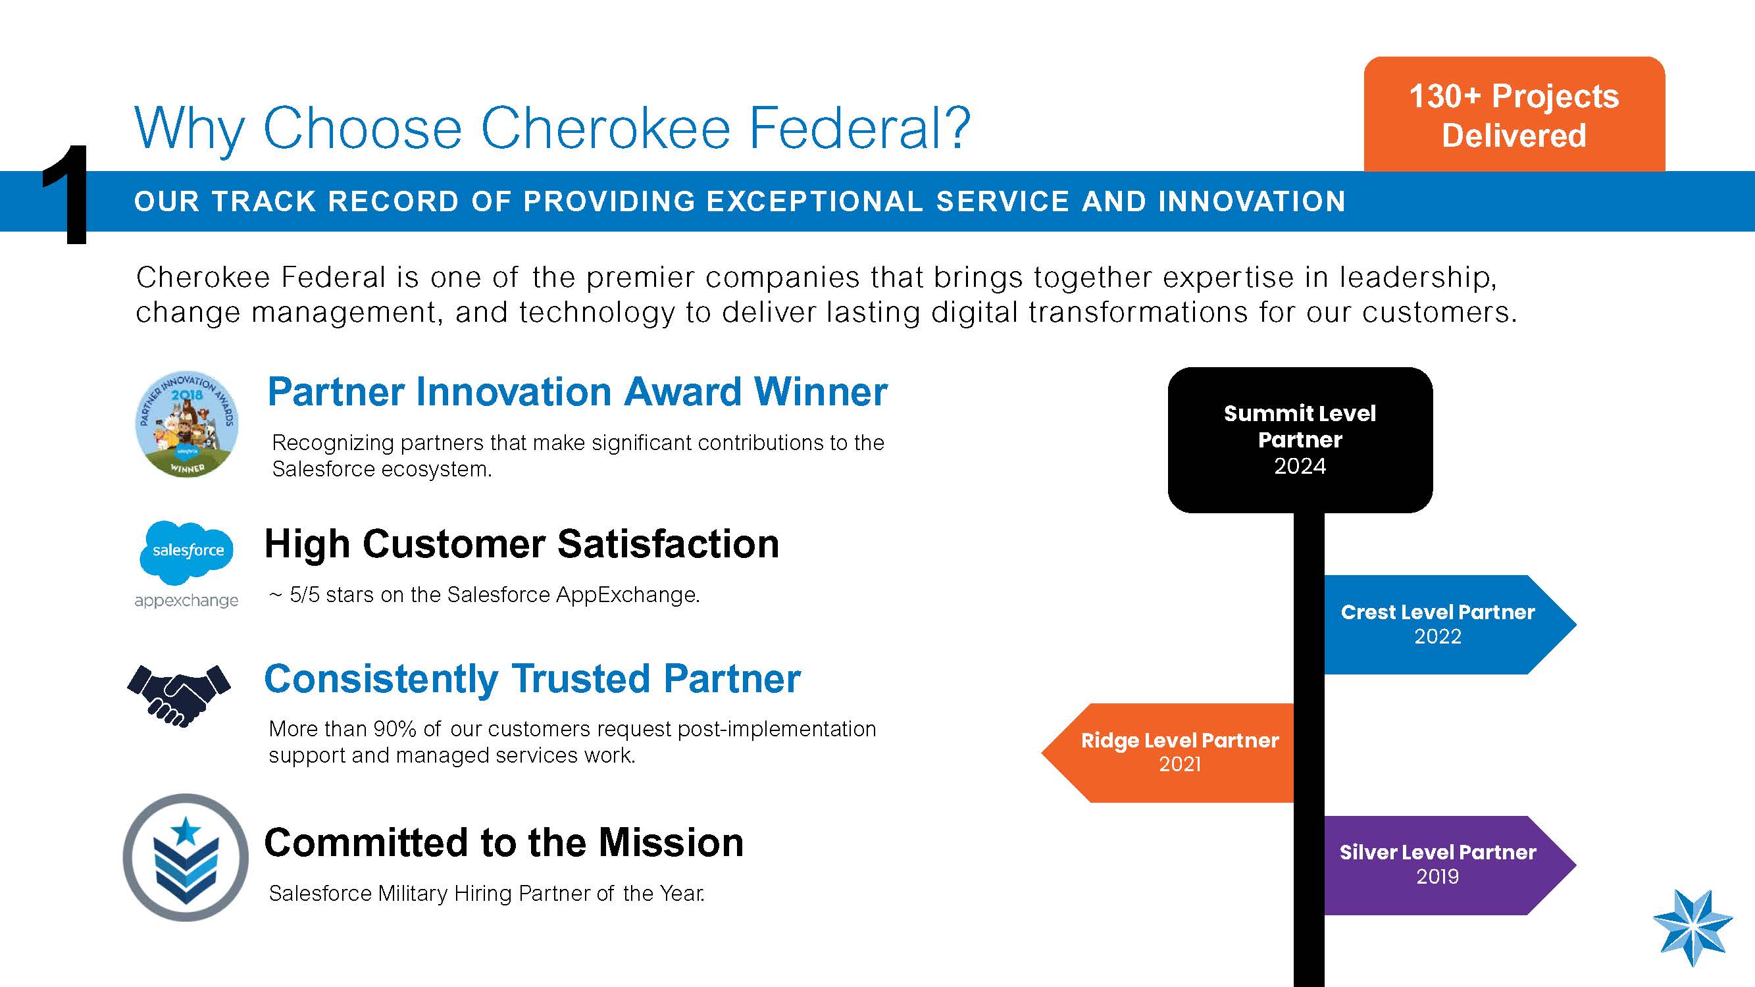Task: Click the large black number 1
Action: click(66, 195)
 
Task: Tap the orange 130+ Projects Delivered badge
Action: click(1513, 114)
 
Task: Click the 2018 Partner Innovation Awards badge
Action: click(187, 424)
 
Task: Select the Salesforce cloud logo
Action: click(187, 553)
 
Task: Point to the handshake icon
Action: click(179, 696)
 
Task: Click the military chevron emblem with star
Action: click(186, 857)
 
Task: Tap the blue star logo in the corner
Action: click(1692, 928)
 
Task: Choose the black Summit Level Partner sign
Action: click(1300, 440)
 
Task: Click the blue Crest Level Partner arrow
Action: click(1450, 624)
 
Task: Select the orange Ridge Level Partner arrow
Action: click(1167, 753)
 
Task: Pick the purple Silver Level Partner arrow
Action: click(1450, 865)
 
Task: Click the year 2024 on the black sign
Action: click(1300, 467)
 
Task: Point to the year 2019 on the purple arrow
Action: click(1438, 876)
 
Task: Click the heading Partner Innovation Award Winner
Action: click(577, 392)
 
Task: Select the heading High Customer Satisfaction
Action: click(522, 544)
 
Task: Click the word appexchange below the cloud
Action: click(186, 601)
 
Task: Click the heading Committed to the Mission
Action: click(503, 843)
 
